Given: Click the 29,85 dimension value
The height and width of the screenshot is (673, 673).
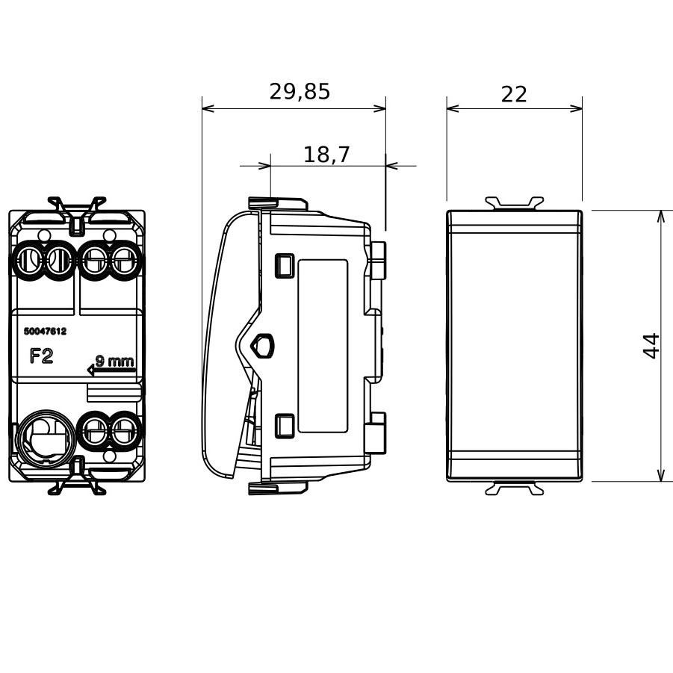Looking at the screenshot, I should point(300,91).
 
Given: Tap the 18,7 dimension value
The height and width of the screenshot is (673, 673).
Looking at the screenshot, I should point(326,155).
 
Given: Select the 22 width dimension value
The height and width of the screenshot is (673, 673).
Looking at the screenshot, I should point(514,94).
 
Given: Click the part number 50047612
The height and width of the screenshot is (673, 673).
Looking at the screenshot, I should point(46,331).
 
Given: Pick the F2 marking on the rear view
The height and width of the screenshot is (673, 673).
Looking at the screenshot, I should point(42,356).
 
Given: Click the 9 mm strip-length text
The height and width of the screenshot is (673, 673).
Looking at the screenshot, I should point(115,362).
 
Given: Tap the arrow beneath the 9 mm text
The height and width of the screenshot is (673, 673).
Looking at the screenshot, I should point(110,369).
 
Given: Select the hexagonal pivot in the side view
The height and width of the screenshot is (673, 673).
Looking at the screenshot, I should point(264,345).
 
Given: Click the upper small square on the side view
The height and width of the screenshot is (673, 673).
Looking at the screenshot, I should point(284,264).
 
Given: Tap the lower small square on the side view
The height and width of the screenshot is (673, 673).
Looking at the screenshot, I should point(284,425).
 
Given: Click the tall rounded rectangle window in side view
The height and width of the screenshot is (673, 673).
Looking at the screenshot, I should point(323,346).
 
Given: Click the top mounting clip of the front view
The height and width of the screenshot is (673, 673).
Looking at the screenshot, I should point(514,202).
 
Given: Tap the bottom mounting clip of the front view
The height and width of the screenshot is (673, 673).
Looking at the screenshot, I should point(514,489).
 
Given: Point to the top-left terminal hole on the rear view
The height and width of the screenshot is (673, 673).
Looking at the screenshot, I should point(27,261).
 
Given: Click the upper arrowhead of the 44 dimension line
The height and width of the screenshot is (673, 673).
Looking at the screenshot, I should point(660,217).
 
